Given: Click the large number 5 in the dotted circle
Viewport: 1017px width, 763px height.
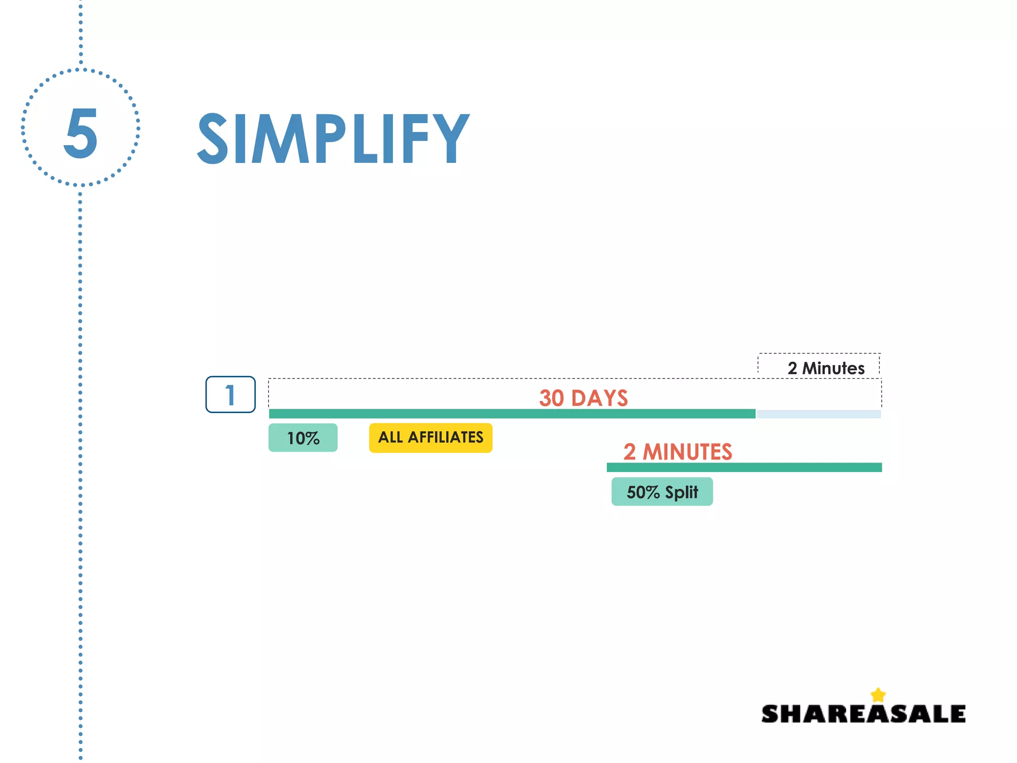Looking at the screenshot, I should coord(80,133).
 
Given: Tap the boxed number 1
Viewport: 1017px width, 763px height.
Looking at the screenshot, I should coord(230,395).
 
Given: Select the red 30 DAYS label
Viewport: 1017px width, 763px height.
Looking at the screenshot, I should coord(583,398).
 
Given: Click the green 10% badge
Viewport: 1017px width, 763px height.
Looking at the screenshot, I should coord(303,438).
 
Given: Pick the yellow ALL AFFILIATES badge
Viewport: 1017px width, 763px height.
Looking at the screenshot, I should coord(431,438).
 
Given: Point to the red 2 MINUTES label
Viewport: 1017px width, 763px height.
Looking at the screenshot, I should coord(678,452).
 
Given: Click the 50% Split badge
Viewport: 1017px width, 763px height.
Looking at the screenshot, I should coord(662,492).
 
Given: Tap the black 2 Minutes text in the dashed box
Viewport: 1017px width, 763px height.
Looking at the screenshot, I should coord(826,368).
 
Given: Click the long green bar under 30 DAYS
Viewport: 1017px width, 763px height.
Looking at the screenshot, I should coord(511,414).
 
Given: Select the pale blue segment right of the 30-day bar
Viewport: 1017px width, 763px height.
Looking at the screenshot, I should coord(818,414).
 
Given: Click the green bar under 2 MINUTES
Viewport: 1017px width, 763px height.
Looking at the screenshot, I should coord(744,467).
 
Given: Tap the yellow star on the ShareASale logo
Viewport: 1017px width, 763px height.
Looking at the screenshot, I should coord(878,694).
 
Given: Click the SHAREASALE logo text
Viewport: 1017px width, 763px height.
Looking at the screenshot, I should coord(863,714).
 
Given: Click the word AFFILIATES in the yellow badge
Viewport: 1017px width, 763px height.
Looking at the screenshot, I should coord(445,438).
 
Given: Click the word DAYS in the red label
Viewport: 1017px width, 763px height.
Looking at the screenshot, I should coord(599,398).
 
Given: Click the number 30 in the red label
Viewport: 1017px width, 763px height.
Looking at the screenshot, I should coord(552,398).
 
